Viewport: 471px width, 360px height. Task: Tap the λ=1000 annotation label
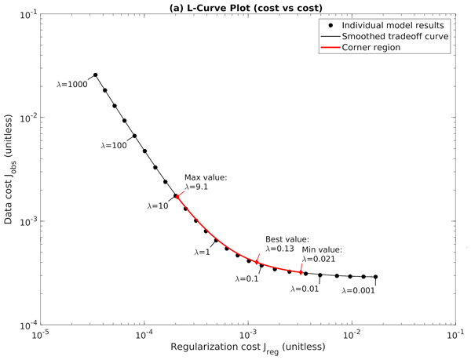pos(74,83)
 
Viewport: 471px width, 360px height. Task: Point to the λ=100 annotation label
pos(115,145)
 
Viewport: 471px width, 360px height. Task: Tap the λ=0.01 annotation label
pos(305,289)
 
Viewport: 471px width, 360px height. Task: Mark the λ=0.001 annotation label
pos(359,289)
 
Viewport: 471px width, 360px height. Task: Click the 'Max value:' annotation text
pos(205,178)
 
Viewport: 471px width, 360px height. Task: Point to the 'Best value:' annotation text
pos(287,239)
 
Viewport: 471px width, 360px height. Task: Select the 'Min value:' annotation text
pos(322,249)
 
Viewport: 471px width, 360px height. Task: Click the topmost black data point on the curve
pos(96,75)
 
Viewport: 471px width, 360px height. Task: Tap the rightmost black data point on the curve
pos(376,277)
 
